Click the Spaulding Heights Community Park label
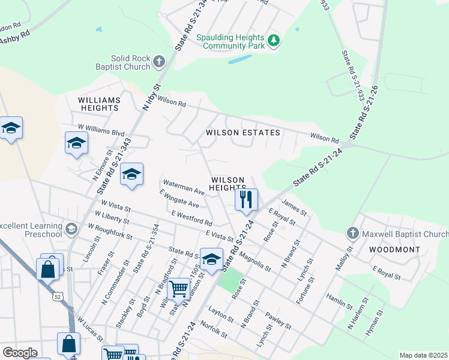pyautogui.click(x=231, y=41)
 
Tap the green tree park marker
pyautogui.click(x=274, y=41)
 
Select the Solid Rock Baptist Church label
pyautogui.click(x=121, y=62)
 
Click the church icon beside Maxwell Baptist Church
pyautogui.click(x=352, y=232)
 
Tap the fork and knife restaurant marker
pyautogui.click(x=246, y=199)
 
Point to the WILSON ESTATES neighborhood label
pyautogui.click(x=243, y=132)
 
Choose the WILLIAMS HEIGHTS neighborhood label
pyautogui.click(x=98, y=103)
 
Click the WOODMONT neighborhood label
pyautogui.click(x=390, y=248)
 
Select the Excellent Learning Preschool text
pyautogui.click(x=30, y=230)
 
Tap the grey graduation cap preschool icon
pyautogui.click(x=71, y=229)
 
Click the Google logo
pyautogui.click(x=20, y=353)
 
